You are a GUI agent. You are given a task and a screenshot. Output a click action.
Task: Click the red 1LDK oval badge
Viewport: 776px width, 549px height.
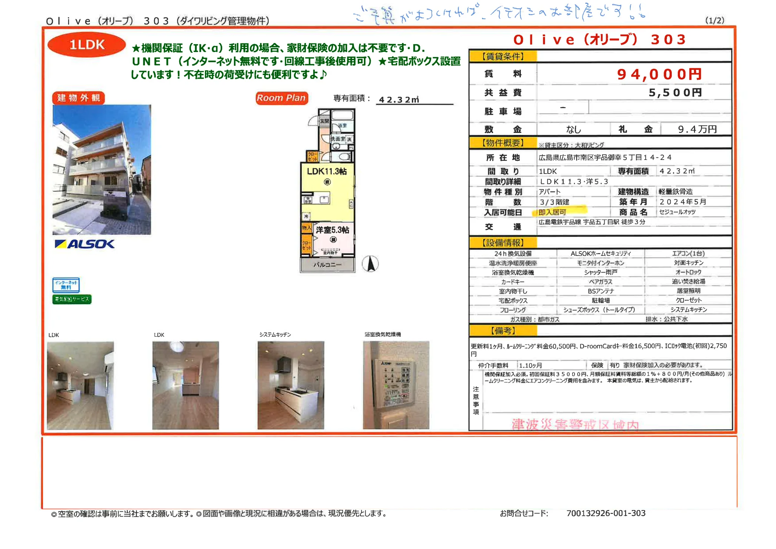pos(86,45)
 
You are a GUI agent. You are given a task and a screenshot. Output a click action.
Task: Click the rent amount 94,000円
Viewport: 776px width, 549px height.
pos(659,74)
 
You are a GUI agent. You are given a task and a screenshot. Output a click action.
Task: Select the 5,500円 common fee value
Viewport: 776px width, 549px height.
pos(675,93)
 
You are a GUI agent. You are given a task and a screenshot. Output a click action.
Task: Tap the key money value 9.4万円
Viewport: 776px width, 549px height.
pos(697,129)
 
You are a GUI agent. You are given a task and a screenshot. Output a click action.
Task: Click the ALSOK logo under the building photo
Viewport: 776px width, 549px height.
pos(85,244)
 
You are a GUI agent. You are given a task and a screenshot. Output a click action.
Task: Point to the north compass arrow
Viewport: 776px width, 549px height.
pos(370,263)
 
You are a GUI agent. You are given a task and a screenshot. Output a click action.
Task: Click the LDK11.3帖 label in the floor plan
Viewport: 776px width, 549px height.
pos(326,172)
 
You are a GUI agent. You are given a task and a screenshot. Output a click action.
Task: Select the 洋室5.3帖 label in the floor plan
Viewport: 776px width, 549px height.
pos(332,230)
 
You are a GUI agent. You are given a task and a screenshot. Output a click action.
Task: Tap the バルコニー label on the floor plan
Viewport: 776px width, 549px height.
pos(327,265)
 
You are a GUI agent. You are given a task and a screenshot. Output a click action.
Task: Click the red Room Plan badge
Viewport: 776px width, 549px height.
pos(281,98)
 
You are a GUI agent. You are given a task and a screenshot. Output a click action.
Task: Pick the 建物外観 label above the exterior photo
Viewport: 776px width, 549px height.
pos(79,98)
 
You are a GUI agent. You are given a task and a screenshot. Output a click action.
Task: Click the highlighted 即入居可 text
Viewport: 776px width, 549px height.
pos(552,212)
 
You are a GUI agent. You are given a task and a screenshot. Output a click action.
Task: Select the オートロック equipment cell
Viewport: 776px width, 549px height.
pos(688,272)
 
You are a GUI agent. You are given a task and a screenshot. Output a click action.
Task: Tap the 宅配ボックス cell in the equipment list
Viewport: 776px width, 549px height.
pos(513,301)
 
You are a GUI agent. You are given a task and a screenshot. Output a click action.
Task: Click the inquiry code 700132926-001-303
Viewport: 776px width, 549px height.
pos(606,513)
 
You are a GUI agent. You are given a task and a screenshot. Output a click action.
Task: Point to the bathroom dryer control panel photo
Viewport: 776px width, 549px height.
pos(396,385)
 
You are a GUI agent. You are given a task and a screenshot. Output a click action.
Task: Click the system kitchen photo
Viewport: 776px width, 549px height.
pos(291,385)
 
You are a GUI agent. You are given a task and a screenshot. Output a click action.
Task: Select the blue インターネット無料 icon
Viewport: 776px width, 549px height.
pos(66,285)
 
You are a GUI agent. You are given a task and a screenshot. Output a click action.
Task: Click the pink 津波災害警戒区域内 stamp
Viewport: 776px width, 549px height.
pos(575,425)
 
